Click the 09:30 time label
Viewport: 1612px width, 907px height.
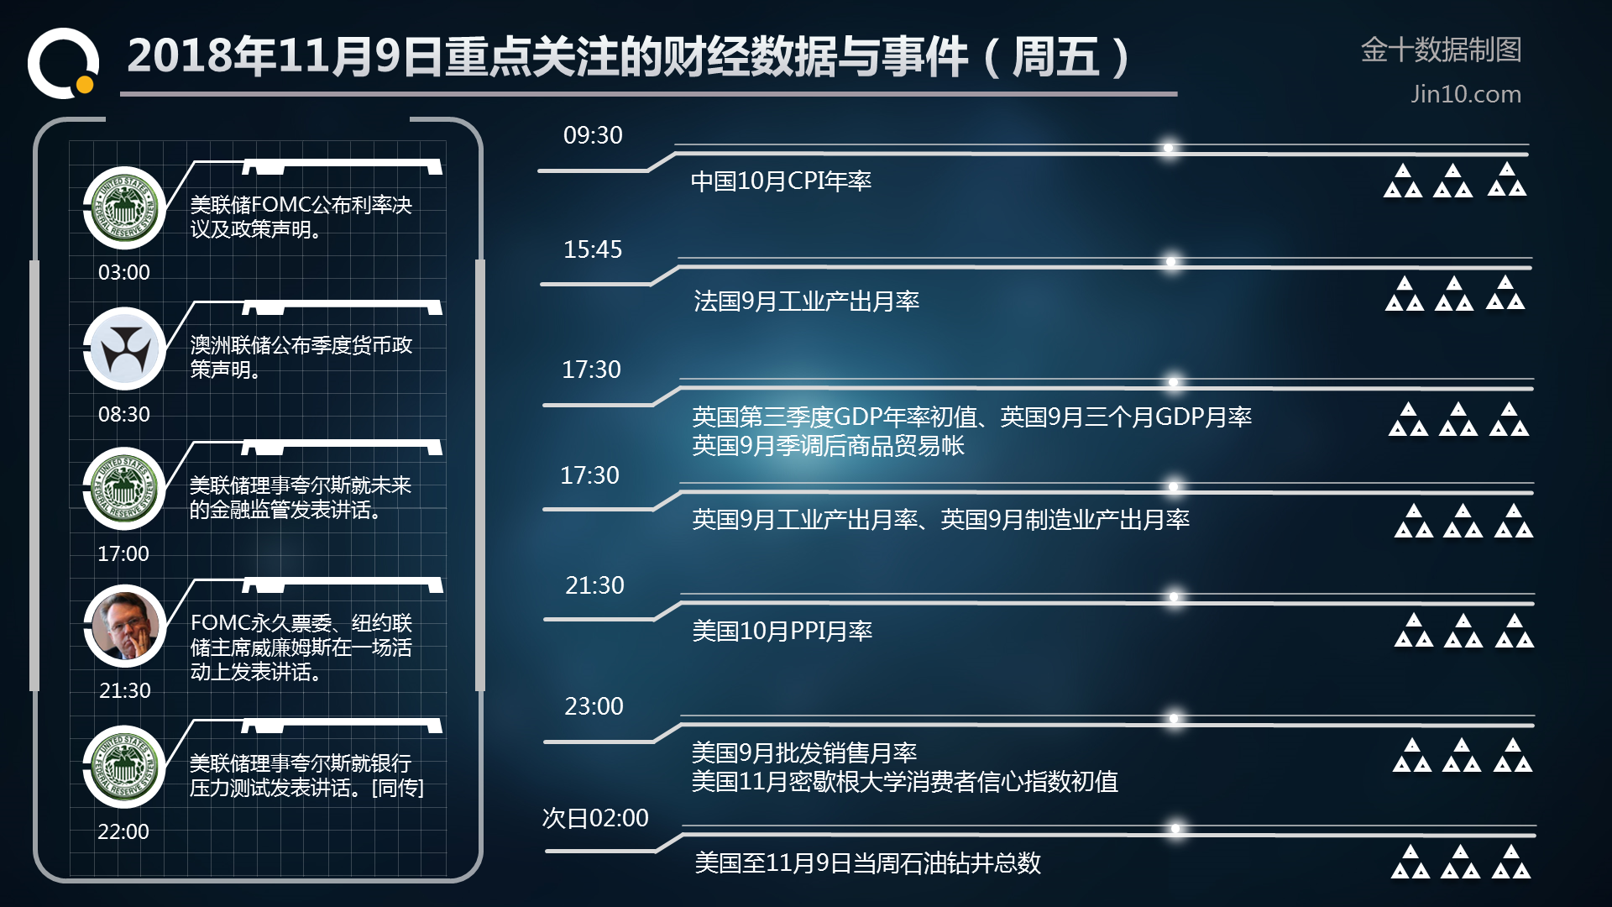pos(593,135)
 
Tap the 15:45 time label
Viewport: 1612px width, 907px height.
pos(593,249)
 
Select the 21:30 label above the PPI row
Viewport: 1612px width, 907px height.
pos(594,585)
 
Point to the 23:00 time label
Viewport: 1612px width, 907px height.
pos(594,706)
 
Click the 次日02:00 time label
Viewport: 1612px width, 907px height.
pos(595,818)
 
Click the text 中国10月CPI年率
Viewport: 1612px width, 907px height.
pos(781,181)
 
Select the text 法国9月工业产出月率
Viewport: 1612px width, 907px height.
pos(806,301)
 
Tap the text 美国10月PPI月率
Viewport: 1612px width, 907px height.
pos(782,631)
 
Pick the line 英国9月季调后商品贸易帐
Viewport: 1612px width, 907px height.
pos(828,446)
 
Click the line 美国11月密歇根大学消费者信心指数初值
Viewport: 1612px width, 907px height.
pos(904,782)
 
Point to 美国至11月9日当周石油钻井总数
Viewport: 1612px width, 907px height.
pos(867,863)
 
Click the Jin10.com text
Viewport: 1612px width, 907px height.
pos(1465,94)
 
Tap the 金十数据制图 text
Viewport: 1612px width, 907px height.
pos(1441,50)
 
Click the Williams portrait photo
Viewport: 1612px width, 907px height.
pos(125,627)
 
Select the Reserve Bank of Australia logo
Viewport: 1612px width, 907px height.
pos(125,349)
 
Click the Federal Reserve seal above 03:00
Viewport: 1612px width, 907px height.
pos(125,207)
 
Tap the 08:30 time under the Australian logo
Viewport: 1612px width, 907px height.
pos(124,415)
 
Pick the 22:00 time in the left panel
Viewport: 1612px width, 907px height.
pos(123,832)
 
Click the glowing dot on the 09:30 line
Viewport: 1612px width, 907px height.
pos(1168,149)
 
